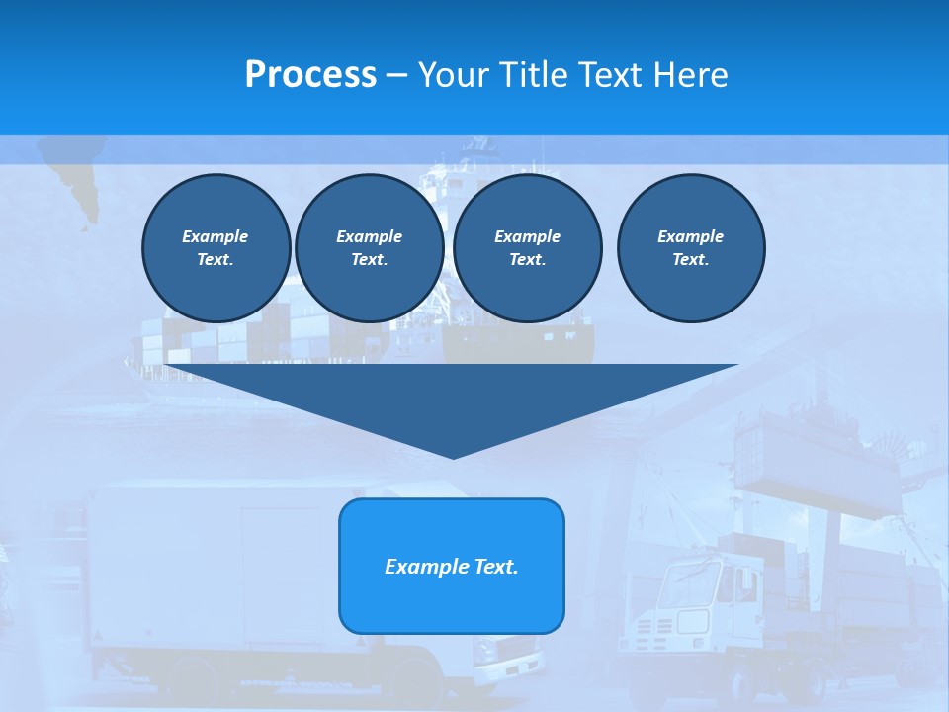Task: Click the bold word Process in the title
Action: pos(310,75)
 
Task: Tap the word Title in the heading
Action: pos(534,75)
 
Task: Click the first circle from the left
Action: pos(216,248)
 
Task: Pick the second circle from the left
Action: pos(369,248)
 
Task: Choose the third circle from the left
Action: pos(527,248)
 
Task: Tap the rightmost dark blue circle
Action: pos(690,248)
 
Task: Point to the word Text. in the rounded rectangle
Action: pos(495,567)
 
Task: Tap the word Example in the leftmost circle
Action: pos(216,236)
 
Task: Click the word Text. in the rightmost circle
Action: pos(690,260)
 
